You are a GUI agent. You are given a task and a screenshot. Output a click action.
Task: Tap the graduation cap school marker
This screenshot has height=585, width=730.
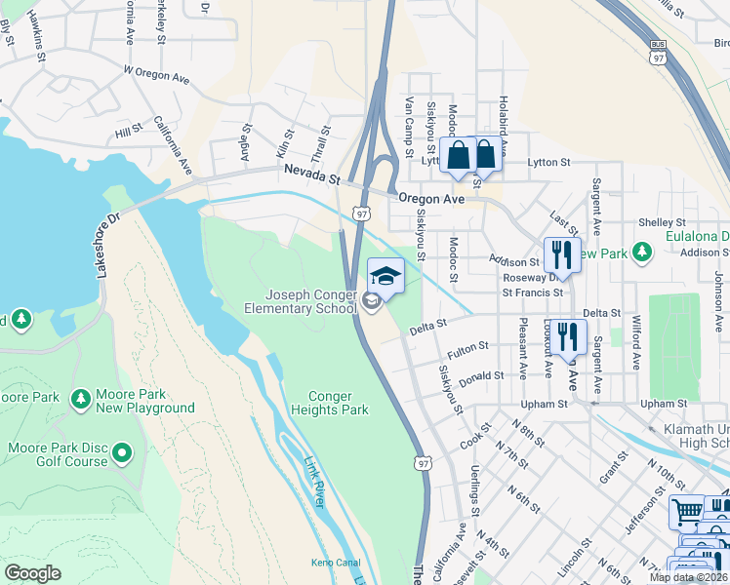[385, 277]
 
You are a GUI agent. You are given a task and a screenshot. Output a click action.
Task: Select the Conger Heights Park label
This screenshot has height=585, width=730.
[338, 403]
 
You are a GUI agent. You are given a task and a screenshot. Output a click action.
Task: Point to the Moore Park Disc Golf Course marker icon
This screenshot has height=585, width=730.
[122, 451]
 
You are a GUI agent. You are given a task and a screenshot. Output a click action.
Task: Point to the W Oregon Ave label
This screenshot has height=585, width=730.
[156, 74]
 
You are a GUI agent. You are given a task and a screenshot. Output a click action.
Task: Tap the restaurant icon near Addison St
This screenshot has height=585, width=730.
[561, 255]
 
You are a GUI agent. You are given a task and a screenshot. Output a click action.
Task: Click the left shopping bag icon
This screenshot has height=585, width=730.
[458, 155]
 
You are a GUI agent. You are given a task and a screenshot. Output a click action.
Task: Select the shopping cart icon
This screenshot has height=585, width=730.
[686, 512]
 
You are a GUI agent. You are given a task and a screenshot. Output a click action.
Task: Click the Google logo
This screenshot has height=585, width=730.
[32, 573]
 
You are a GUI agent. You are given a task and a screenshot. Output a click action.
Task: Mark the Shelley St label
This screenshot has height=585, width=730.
[657, 222]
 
